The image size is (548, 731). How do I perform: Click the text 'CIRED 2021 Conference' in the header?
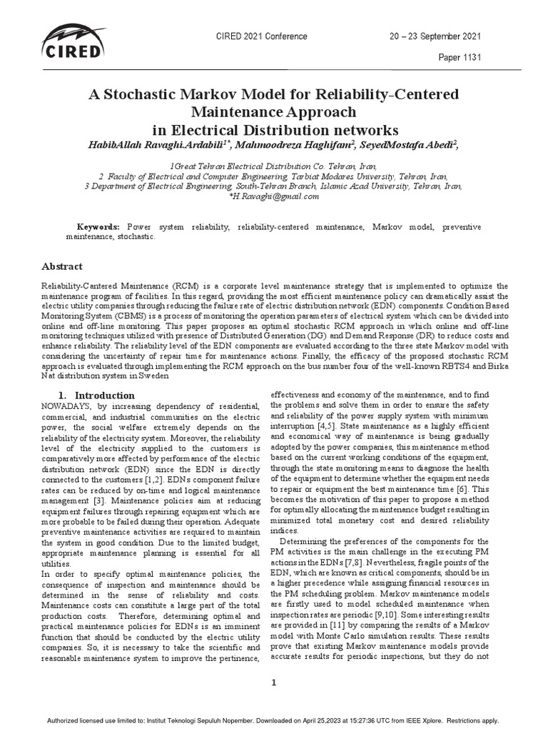(x=261, y=36)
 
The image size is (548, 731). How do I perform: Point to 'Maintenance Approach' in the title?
(x=274, y=112)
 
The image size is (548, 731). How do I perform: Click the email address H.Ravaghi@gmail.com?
(x=274, y=196)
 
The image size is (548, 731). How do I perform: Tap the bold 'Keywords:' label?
(x=98, y=226)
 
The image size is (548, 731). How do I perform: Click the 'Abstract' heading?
(x=63, y=266)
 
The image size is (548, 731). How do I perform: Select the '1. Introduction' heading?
(x=96, y=395)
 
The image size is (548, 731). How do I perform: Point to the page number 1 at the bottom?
(x=273, y=682)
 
